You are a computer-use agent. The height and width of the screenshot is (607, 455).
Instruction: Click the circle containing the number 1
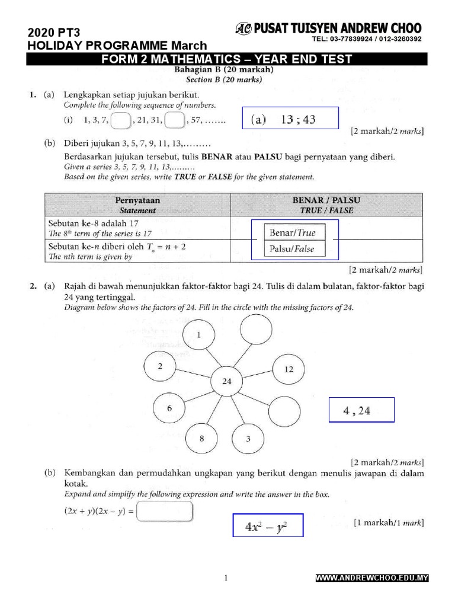tap(199, 336)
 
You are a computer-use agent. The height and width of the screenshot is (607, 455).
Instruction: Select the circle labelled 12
tap(289, 369)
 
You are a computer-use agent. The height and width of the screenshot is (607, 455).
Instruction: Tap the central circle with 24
tap(227, 381)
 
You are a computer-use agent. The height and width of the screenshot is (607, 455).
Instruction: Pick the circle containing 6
tap(169, 408)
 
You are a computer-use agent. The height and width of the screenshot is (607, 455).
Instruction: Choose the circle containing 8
tap(201, 439)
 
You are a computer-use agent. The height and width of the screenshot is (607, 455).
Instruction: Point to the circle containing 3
tap(248, 439)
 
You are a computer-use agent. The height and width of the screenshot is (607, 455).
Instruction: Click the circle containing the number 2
tap(160, 366)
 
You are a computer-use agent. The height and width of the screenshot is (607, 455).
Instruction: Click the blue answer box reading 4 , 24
tap(361, 410)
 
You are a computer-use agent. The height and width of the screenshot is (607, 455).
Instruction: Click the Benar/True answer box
tap(292, 233)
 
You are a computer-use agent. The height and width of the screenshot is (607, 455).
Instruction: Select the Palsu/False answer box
tap(292, 249)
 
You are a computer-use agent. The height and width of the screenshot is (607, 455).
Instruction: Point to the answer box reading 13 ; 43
tap(290, 119)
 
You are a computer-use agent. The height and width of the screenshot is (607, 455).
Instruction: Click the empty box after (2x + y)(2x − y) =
tap(165, 511)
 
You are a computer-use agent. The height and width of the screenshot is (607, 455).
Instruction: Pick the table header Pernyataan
tap(137, 200)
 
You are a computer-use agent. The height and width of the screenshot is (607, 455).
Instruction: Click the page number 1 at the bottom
tap(226, 579)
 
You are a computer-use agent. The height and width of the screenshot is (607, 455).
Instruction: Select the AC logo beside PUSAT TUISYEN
tap(243, 28)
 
